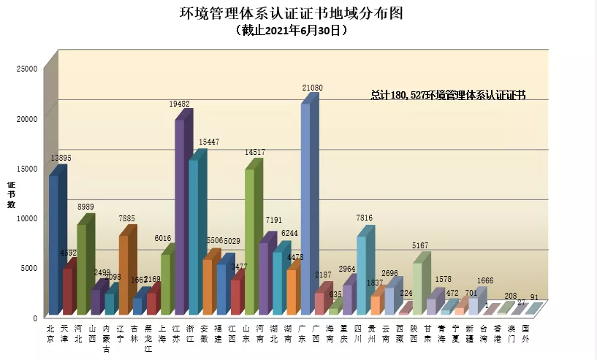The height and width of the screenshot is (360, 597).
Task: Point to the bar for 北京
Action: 53,245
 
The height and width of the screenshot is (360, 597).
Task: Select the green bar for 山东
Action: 249,241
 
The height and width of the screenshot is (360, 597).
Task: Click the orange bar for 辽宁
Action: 123,274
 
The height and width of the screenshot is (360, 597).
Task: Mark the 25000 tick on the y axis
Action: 27,69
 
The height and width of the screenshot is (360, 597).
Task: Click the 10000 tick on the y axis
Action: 27,218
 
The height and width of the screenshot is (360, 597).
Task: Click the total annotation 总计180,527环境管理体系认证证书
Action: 448,95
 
